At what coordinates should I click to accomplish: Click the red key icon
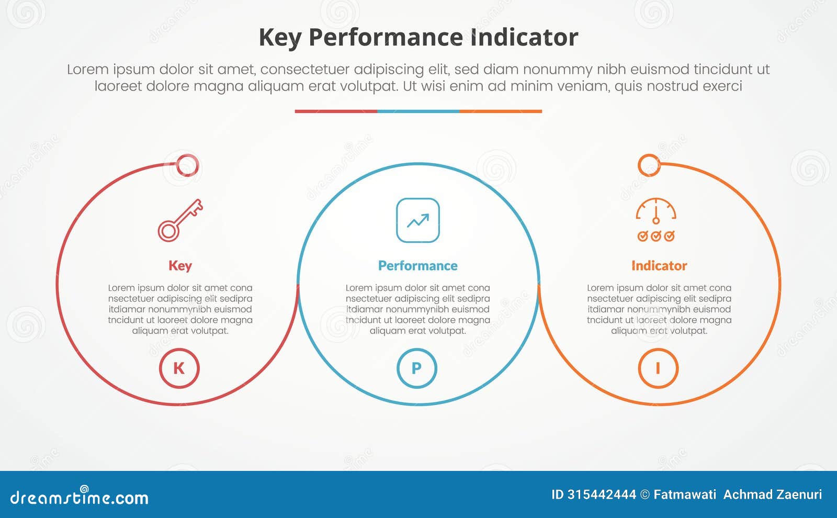point(180,220)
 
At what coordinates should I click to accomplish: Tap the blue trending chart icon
point(418,220)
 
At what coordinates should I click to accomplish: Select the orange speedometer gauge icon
point(656,220)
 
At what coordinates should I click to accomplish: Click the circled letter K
point(179,368)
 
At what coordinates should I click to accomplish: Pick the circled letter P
point(417,368)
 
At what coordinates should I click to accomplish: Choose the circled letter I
point(658,368)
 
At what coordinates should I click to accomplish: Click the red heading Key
point(180,266)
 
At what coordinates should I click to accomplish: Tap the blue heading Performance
point(417,266)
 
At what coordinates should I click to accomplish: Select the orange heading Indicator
point(659,266)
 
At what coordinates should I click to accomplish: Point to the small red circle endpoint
point(187,165)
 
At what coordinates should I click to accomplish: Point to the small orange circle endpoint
point(649,165)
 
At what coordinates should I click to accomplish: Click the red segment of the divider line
point(336,111)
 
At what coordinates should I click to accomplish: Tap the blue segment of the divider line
point(418,111)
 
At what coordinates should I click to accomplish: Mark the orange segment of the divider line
point(501,111)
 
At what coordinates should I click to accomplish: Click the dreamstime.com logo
point(79,497)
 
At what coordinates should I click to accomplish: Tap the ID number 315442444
point(602,494)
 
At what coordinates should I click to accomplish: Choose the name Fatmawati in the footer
point(685,494)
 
